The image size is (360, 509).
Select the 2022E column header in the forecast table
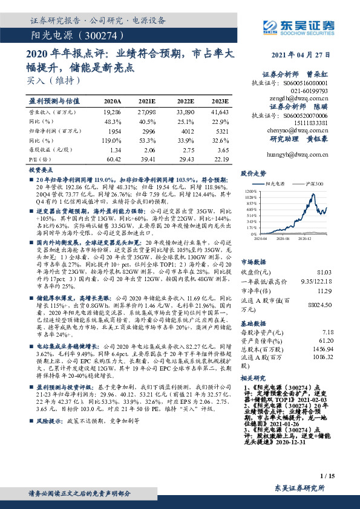coord(186,101)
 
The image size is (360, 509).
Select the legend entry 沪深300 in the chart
coord(315,183)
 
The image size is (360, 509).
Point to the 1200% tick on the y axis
coord(252,192)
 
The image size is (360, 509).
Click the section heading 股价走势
coord(254,173)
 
